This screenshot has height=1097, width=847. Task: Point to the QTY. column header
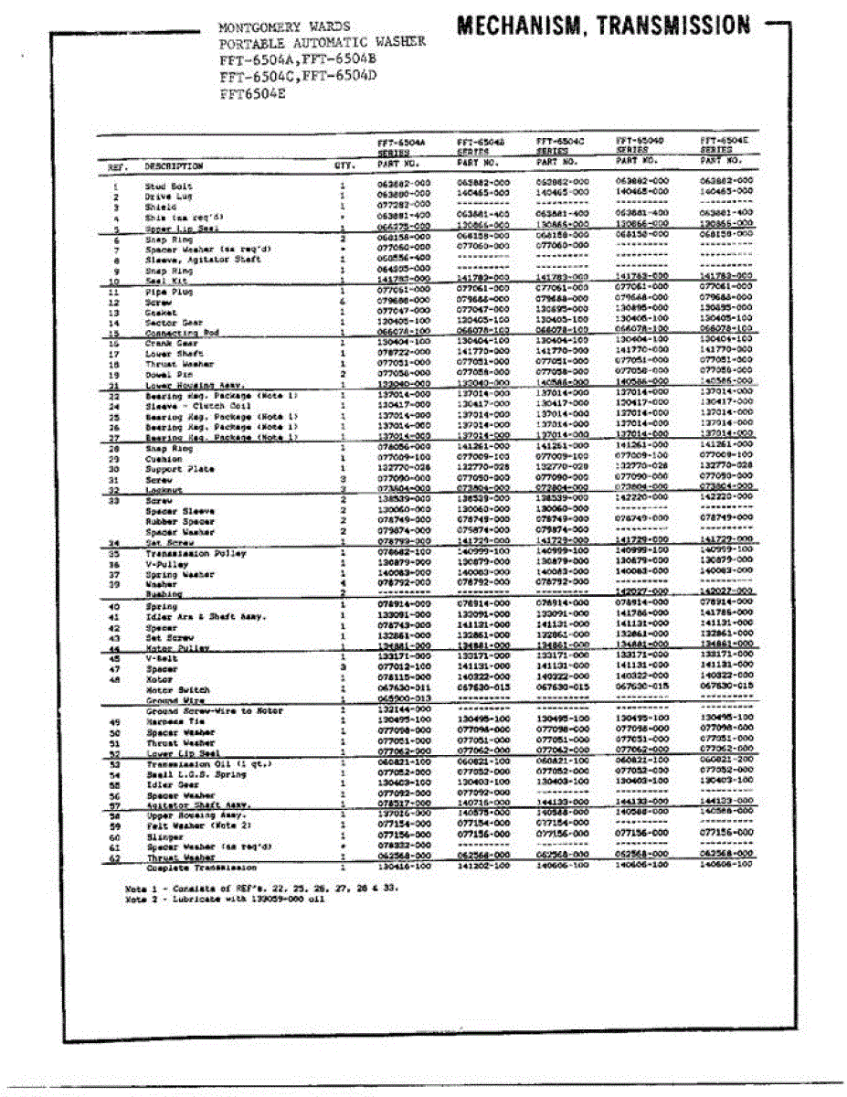[x=344, y=166]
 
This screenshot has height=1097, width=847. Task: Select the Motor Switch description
[x=177, y=689]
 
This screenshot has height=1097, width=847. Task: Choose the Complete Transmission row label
[x=201, y=868]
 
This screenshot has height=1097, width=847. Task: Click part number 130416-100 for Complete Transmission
[x=403, y=868]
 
